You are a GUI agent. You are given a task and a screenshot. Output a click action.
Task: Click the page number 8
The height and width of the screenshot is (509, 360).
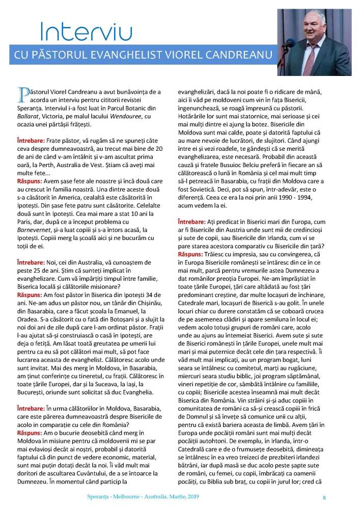pyautogui.click(x=324, y=497)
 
